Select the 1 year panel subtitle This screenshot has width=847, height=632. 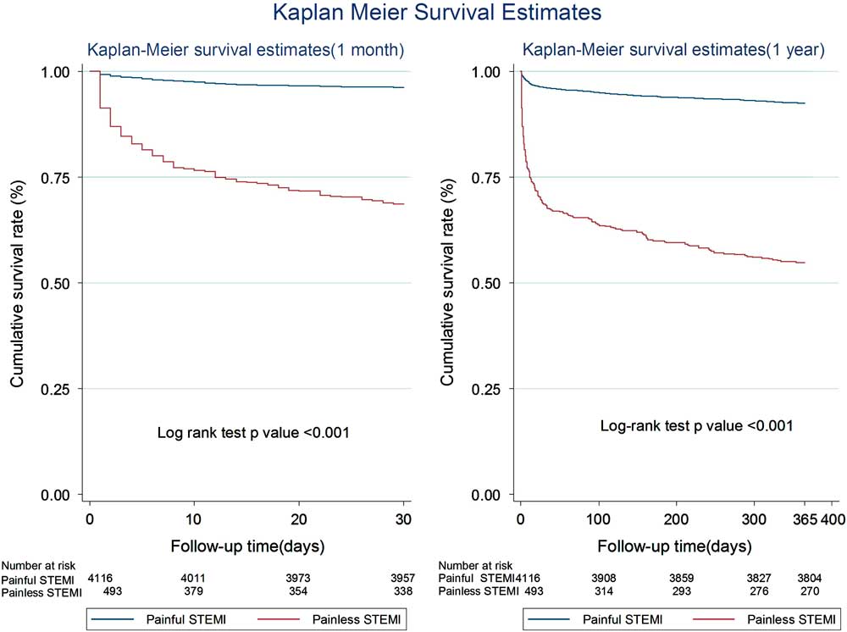click(673, 50)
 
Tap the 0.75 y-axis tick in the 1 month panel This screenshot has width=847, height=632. click(63, 177)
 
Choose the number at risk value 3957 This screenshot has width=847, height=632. click(403, 579)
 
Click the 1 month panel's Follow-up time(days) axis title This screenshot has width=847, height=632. click(246, 545)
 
